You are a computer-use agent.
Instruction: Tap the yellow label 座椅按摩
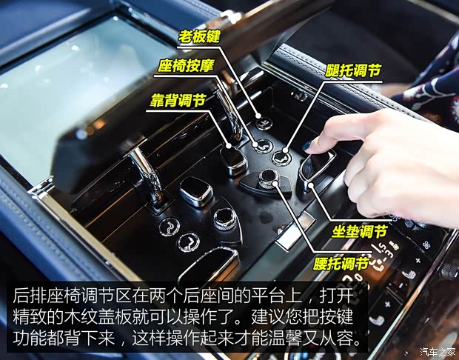click(x=186, y=66)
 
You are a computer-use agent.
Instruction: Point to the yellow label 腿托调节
click(x=353, y=71)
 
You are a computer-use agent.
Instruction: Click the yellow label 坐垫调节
click(x=358, y=231)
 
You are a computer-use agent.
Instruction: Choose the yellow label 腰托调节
click(x=341, y=263)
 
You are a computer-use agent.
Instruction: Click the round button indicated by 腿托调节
click(x=281, y=157)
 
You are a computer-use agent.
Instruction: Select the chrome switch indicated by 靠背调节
click(x=233, y=160)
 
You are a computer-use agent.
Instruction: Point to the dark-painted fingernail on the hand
click(x=307, y=146)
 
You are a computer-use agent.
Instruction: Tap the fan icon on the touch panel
click(x=428, y=243)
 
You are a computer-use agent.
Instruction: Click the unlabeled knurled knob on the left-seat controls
click(x=224, y=217)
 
